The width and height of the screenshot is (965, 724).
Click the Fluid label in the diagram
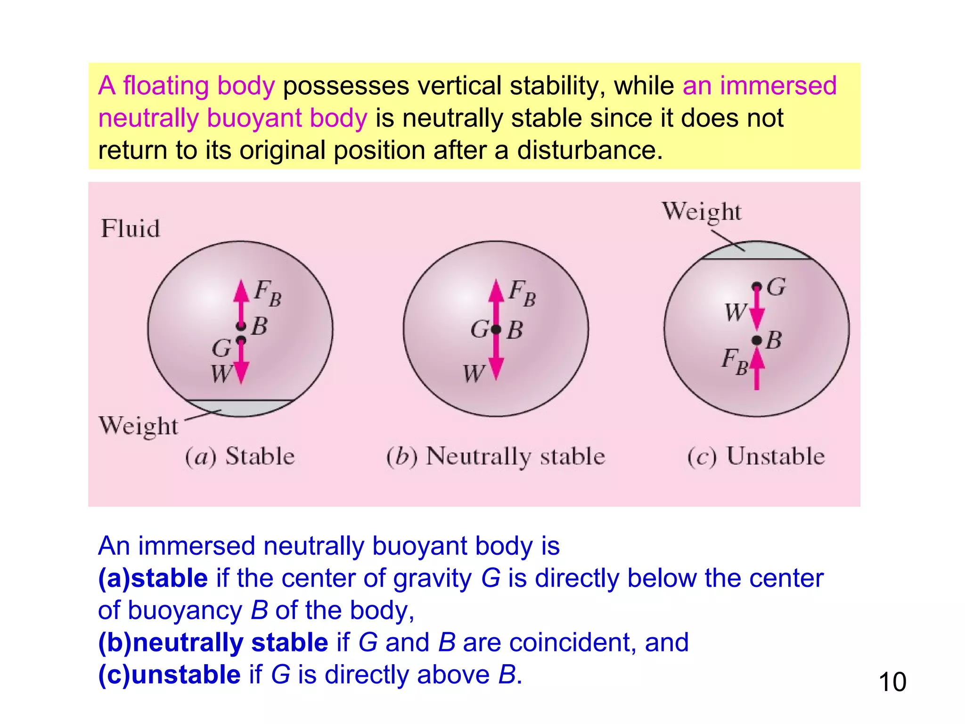tap(131, 229)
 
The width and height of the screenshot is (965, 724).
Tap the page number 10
tap(892, 682)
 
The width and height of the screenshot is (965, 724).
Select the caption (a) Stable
tap(239, 456)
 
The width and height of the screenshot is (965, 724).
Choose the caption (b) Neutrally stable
tap(495, 456)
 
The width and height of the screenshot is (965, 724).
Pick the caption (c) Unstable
tap(756, 456)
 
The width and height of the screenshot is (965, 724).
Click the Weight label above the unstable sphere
tap(702, 212)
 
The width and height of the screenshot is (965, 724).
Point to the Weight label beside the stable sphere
tap(139, 426)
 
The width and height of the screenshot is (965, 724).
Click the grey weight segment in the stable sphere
tap(239, 408)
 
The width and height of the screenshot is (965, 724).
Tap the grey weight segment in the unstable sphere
tap(756, 251)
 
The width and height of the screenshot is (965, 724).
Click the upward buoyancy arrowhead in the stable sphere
tap(241, 290)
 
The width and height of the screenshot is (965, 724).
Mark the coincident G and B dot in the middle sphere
tap(496, 329)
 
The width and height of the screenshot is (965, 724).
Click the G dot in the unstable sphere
tap(756, 287)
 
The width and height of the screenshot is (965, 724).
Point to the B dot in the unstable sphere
tap(756, 340)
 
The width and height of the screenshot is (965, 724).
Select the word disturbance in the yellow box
tap(589, 150)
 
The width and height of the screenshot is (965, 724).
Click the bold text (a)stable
tap(153, 578)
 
